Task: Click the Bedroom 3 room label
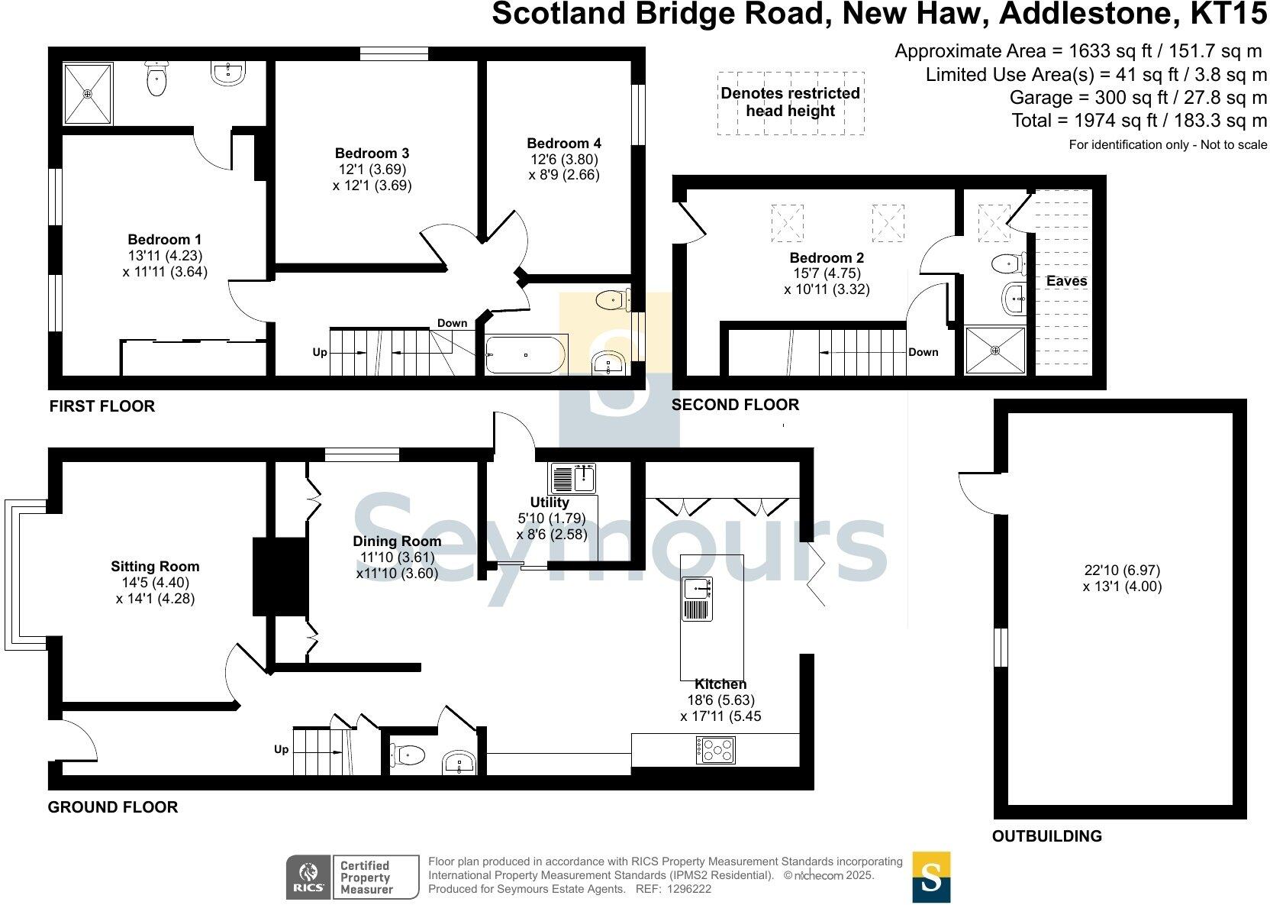tap(372, 154)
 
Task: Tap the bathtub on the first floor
tap(526, 355)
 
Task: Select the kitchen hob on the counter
tap(716, 749)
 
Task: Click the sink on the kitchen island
tap(698, 589)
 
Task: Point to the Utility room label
tap(550, 503)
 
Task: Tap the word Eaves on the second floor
tap(1066, 281)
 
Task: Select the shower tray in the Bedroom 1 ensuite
tap(88, 93)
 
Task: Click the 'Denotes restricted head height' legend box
tap(791, 102)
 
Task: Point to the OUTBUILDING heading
tap(1046, 836)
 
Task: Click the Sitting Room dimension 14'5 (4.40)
tap(155, 583)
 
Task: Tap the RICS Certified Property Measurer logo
tap(352, 877)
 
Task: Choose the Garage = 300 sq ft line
tap(1137, 98)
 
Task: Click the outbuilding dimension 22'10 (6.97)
tap(1122, 570)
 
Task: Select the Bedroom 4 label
tap(564, 144)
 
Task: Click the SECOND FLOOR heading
tap(735, 405)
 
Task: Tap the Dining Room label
tap(397, 541)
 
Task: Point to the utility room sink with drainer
tap(572, 479)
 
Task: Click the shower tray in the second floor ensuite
tap(995, 350)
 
